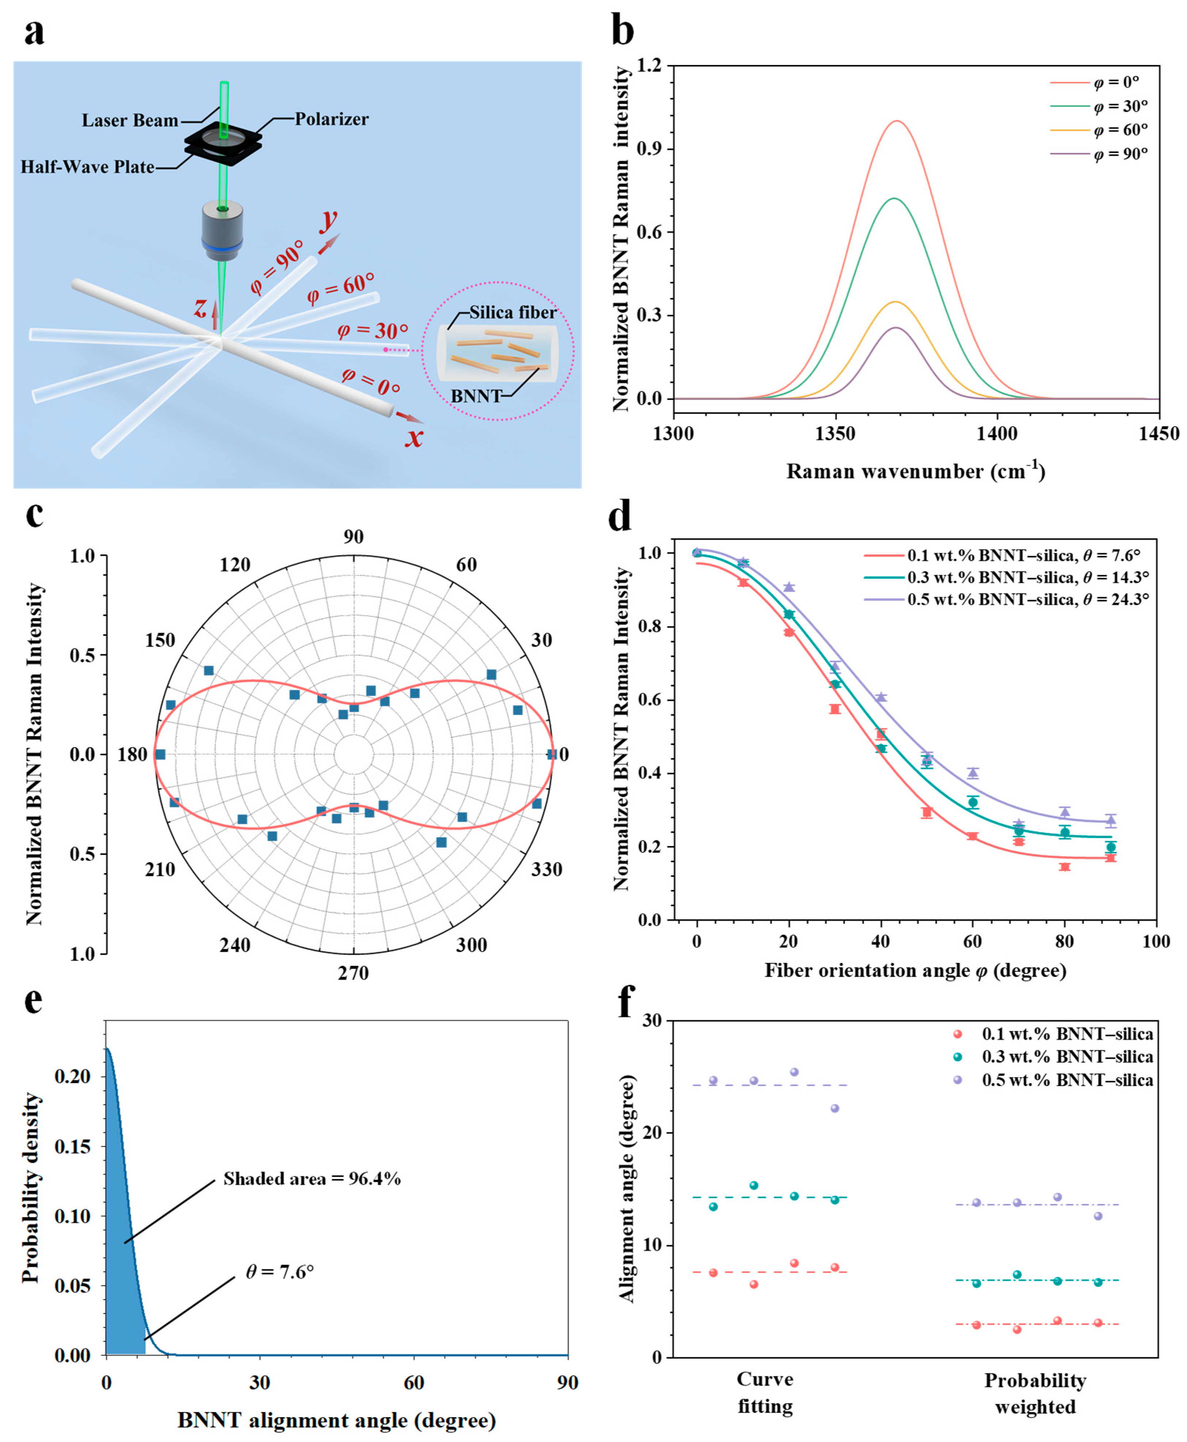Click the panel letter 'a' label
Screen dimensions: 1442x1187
tap(34, 33)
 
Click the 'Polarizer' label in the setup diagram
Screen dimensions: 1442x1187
tap(332, 119)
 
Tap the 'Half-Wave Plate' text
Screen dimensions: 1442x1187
tap(88, 167)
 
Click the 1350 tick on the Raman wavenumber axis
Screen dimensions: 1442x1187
tap(836, 433)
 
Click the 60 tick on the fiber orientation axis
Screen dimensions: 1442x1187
tap(972, 941)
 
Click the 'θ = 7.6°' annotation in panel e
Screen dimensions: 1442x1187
tap(280, 1272)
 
